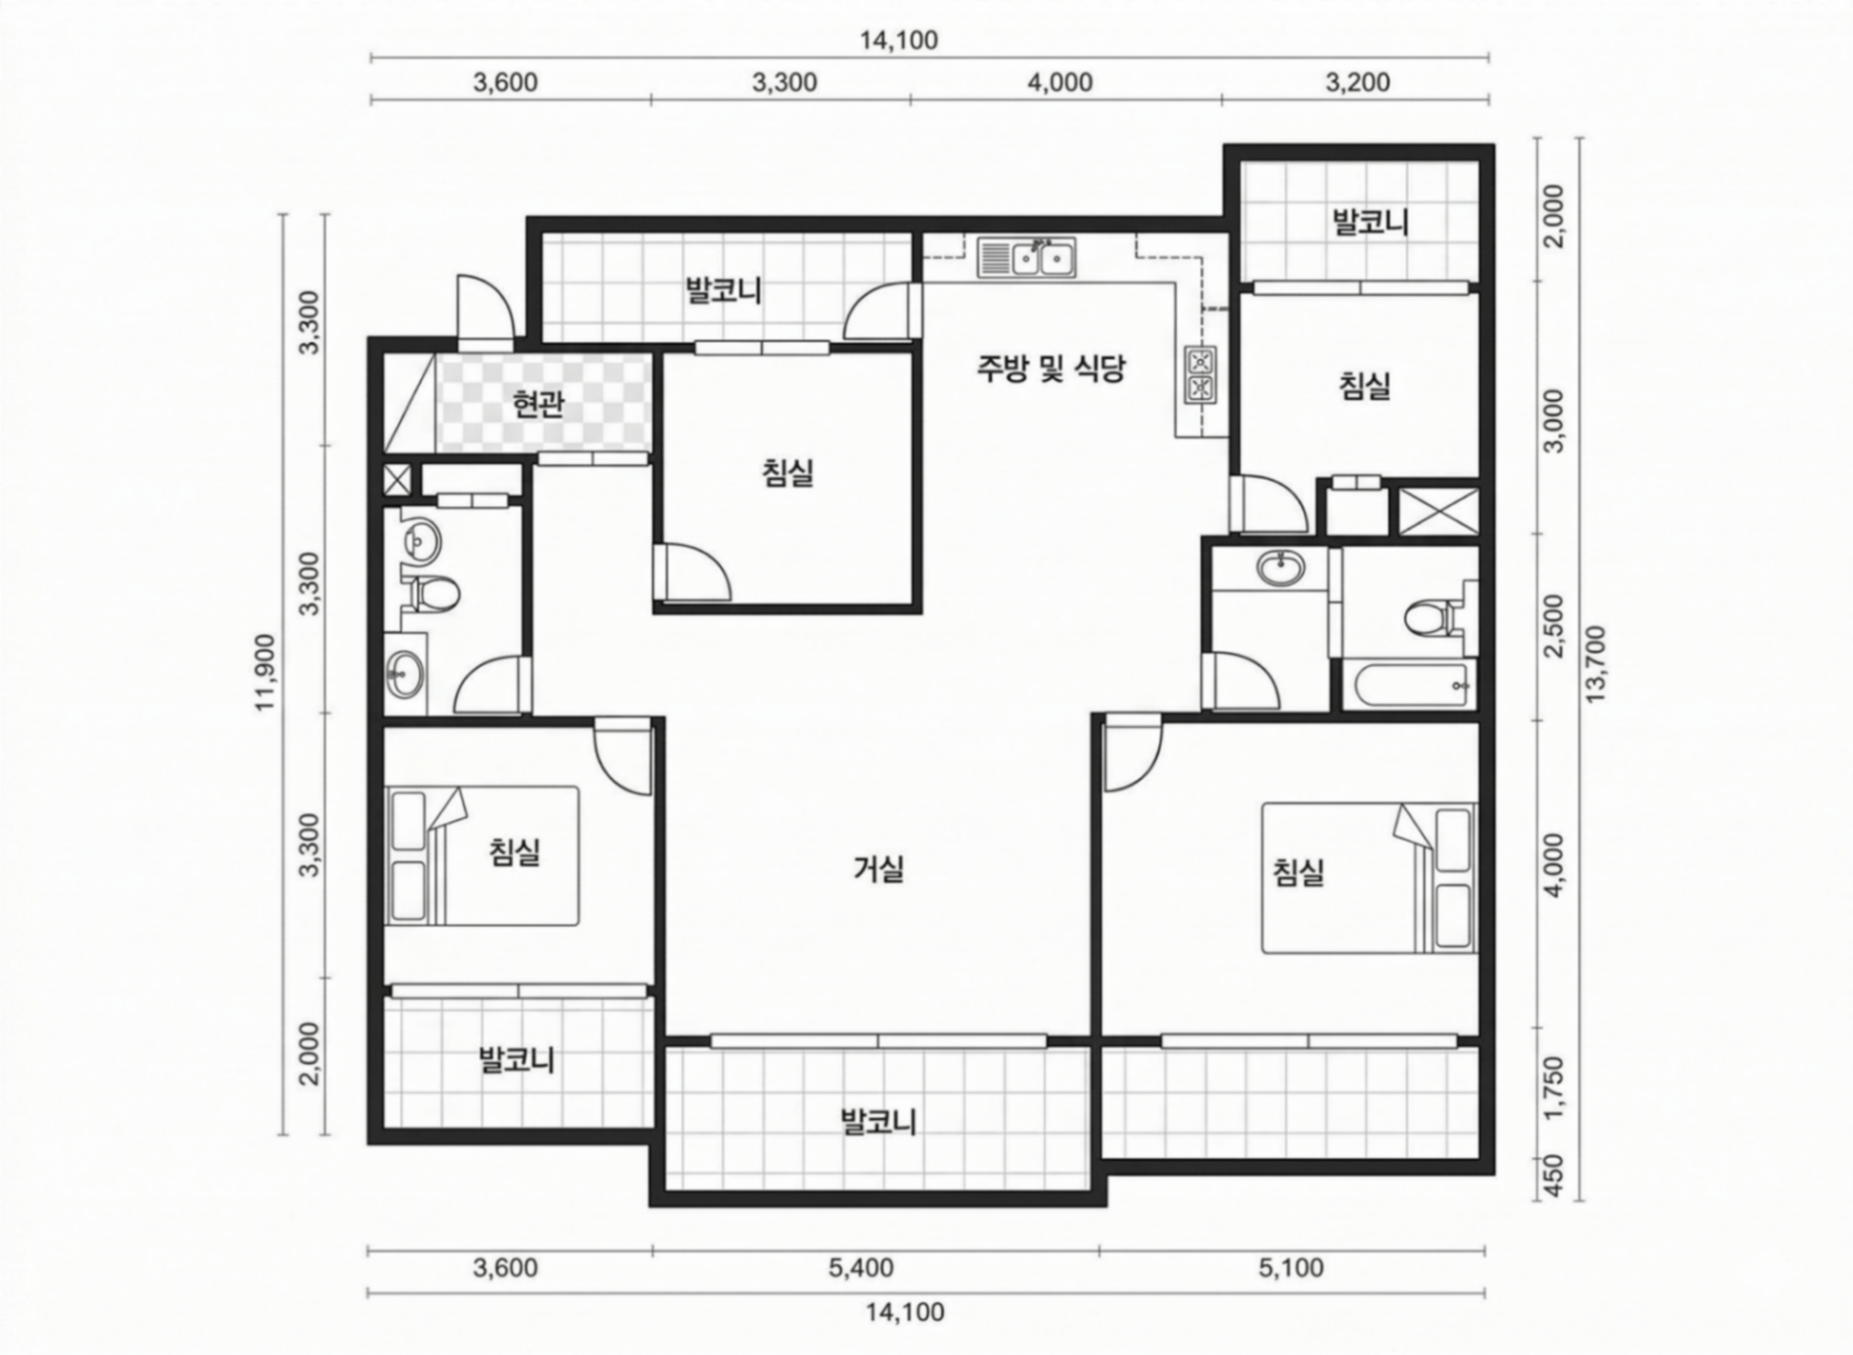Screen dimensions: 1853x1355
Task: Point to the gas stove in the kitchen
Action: click(1200, 375)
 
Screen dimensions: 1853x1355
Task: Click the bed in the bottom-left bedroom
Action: click(483, 856)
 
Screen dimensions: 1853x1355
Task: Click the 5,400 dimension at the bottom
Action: click(861, 1267)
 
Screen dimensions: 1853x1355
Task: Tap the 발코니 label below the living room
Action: click(879, 1121)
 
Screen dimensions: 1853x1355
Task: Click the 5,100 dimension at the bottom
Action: click(1291, 1267)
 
